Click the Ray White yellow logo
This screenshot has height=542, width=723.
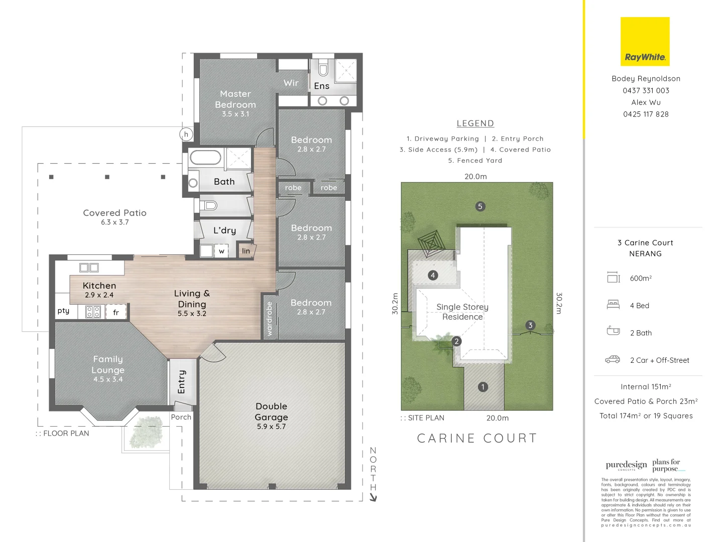(x=645, y=42)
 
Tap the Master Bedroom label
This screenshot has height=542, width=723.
(x=235, y=99)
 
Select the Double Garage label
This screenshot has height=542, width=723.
(x=271, y=412)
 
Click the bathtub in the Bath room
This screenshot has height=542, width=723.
(x=205, y=158)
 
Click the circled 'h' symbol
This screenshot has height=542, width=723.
(x=186, y=134)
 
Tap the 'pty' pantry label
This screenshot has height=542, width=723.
(x=63, y=311)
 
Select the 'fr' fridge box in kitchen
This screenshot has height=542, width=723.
(x=116, y=312)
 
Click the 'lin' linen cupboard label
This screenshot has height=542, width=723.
(x=246, y=251)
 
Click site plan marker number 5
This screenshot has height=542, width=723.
(x=480, y=206)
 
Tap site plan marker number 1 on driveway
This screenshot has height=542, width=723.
(x=483, y=387)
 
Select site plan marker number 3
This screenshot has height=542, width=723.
(x=530, y=325)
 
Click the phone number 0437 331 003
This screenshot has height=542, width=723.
(x=646, y=90)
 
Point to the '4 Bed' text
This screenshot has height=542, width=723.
(x=639, y=306)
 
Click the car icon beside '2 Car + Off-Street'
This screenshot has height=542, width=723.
(x=613, y=359)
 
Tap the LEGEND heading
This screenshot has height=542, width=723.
(x=475, y=123)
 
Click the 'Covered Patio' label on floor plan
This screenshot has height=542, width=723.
(x=114, y=213)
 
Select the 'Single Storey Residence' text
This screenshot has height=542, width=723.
(x=462, y=312)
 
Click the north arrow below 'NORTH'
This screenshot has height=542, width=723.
(x=373, y=497)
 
